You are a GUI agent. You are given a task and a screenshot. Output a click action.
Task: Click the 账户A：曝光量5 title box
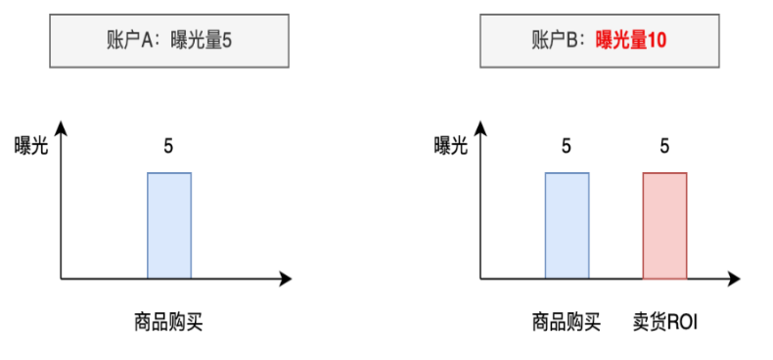(170, 41)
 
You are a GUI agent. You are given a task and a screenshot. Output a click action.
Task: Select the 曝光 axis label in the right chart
(451, 146)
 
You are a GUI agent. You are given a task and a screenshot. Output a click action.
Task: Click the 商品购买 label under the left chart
(168, 321)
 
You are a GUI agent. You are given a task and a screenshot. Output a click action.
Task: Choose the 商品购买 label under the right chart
(567, 321)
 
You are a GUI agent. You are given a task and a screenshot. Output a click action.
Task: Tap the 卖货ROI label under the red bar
(664, 321)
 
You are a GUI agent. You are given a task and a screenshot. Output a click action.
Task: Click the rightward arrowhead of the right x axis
(738, 279)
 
